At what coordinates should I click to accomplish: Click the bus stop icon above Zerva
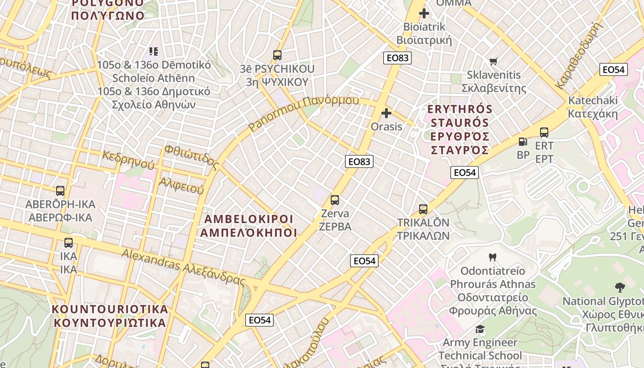[335, 200]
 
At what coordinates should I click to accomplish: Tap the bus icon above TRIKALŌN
[423, 209]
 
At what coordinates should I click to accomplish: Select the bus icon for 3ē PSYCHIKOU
[277, 55]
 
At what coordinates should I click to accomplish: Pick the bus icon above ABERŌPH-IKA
[60, 191]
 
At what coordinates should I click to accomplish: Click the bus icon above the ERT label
[544, 132]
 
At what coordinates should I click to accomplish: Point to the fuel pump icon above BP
[523, 142]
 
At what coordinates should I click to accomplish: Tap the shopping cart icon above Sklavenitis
[494, 61]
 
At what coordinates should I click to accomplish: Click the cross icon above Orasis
[386, 113]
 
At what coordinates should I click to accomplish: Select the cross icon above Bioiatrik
[424, 13]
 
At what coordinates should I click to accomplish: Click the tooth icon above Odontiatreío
[493, 257]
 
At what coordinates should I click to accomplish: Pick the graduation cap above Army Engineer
[480, 329]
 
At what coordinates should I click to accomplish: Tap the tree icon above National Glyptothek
[620, 287]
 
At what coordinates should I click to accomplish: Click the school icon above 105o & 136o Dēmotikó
[154, 51]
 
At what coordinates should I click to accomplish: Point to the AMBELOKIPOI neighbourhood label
[249, 225]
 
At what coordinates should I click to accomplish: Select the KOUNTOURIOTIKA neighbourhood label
[110, 315]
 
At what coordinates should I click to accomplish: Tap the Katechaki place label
[593, 107]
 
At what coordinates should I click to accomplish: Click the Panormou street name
[304, 112]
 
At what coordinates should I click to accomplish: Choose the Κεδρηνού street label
[128, 158]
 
